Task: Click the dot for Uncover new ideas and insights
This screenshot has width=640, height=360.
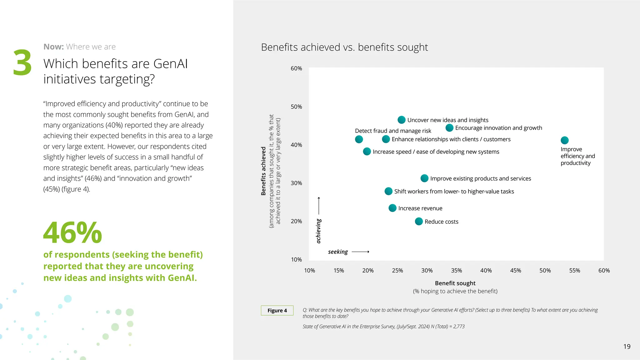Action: (x=401, y=120)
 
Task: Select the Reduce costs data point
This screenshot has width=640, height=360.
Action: (x=419, y=221)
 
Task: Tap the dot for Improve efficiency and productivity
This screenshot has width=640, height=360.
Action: (x=564, y=140)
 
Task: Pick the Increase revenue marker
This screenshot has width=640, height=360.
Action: (x=392, y=208)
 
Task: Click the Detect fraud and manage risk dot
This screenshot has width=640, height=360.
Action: (x=359, y=139)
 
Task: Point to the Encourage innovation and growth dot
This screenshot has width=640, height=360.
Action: (x=449, y=127)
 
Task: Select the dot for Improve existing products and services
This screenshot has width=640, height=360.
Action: (x=424, y=178)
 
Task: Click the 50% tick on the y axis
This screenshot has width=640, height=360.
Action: (x=296, y=107)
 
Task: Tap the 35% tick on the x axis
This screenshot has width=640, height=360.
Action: (x=456, y=270)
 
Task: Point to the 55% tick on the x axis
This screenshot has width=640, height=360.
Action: (x=574, y=270)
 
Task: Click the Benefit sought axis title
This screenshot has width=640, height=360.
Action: (x=455, y=283)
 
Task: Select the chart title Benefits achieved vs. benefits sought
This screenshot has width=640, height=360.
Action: (x=344, y=47)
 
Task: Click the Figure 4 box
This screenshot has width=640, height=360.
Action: (x=277, y=310)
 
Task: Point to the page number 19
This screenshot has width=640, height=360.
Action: (x=627, y=346)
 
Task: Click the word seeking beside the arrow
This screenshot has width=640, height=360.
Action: (x=338, y=252)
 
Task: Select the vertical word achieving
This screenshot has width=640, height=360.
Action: (x=318, y=231)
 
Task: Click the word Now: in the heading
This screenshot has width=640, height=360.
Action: (x=53, y=47)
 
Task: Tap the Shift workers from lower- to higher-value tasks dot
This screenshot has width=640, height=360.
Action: (x=388, y=191)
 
